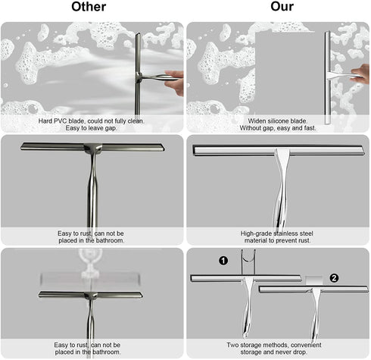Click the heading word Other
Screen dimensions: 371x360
click(x=89, y=7)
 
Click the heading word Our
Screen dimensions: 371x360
click(x=282, y=7)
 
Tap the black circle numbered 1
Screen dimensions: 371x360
click(x=223, y=261)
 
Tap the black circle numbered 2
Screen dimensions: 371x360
click(x=334, y=278)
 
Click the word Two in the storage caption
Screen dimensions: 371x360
click(x=232, y=345)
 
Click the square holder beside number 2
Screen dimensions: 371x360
click(x=314, y=280)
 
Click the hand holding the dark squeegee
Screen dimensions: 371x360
click(x=174, y=83)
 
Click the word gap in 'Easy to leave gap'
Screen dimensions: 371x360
click(x=111, y=128)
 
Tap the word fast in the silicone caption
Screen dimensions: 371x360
click(x=310, y=128)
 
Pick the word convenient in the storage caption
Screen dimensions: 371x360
click(x=307, y=345)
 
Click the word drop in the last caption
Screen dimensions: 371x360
click(x=301, y=352)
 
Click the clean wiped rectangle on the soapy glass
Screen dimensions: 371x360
click(x=285, y=74)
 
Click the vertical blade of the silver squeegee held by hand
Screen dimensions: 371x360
click(x=328, y=77)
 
